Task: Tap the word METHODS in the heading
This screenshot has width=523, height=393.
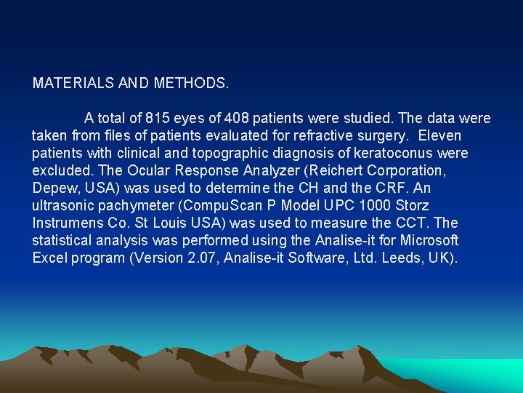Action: click(x=191, y=83)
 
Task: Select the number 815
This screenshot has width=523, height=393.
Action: click(x=158, y=118)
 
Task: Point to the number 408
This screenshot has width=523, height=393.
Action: click(x=237, y=118)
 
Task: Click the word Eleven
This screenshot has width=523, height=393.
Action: click(x=439, y=135)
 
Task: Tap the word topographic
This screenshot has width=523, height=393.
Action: click(x=222, y=153)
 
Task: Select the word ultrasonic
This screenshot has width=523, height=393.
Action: click(x=63, y=205)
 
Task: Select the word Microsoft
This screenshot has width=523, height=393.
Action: click(x=430, y=240)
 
